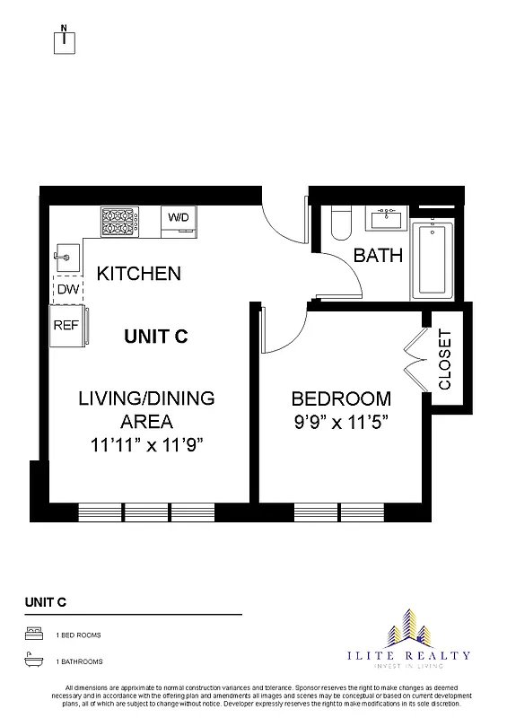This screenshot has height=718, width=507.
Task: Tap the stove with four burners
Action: click(117, 220)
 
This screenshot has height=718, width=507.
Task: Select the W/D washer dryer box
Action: click(179, 218)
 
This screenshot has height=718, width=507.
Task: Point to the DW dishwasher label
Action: click(66, 290)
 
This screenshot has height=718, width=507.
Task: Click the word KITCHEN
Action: click(139, 274)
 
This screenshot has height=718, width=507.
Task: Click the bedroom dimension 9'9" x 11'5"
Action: click(341, 421)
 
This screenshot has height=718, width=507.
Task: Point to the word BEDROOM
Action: click(341, 398)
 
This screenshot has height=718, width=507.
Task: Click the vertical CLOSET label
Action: click(446, 359)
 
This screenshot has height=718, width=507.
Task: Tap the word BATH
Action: click(378, 256)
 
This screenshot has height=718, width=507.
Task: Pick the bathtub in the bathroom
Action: click(435, 260)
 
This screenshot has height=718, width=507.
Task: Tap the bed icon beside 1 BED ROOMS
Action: click(32, 635)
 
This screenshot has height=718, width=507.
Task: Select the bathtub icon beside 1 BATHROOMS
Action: click(32, 661)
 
